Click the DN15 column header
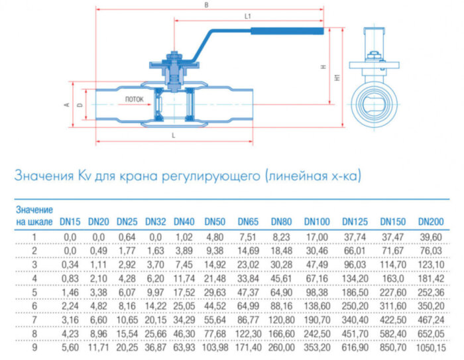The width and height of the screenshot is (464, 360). [70, 221]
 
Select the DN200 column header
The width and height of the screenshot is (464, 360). [431, 221]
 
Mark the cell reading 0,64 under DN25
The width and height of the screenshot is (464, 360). [126, 236]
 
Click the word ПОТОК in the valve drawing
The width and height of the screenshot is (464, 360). [134, 99]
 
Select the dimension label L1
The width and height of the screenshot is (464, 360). [247, 15]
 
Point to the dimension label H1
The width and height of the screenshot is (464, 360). [337, 78]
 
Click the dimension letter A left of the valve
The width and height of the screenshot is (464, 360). [66, 105]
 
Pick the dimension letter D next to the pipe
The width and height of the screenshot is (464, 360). [79, 105]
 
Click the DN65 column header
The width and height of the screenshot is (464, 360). [248, 221]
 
